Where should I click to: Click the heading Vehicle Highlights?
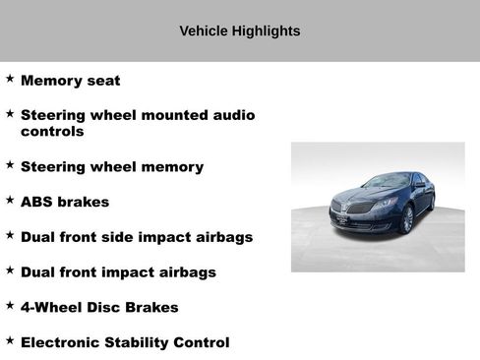[x=239, y=31]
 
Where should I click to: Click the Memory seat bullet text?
[x=70, y=81]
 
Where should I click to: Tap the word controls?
[x=52, y=131]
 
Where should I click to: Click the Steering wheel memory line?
[x=111, y=166]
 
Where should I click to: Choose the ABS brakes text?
[x=64, y=202]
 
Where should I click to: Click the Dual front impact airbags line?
[x=117, y=271]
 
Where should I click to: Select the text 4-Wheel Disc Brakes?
[x=99, y=307]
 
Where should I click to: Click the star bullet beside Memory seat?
[x=10, y=79]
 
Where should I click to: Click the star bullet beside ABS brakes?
[x=10, y=200]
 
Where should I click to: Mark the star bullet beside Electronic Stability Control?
[x=10, y=340]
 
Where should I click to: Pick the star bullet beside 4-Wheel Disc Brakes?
[x=10, y=305]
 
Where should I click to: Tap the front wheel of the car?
[x=406, y=219]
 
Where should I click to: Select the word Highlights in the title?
[x=267, y=31]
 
